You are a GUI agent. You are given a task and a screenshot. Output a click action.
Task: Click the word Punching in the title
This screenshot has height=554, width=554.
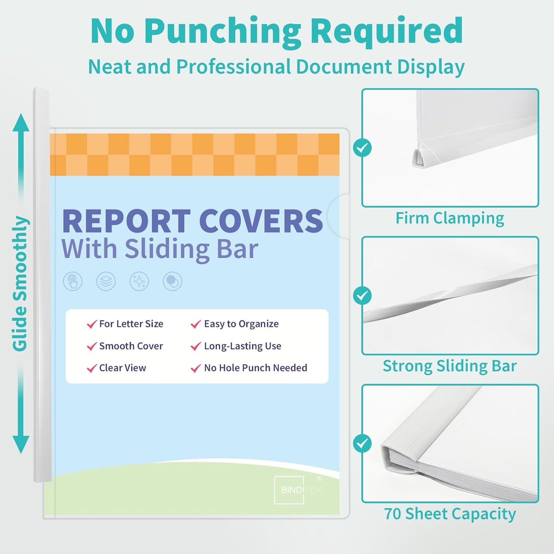(223, 31)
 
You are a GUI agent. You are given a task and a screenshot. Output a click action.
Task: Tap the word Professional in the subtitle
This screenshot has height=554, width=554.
(234, 67)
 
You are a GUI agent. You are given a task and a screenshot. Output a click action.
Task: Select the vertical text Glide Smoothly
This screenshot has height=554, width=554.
(20, 284)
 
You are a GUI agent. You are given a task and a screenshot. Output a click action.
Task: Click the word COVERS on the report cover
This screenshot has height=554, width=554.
(261, 221)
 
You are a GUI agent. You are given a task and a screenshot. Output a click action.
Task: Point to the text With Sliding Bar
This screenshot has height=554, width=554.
(159, 249)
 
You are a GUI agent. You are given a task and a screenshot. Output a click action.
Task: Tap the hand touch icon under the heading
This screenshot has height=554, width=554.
(73, 282)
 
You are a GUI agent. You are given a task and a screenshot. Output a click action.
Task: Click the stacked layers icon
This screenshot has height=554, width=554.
(106, 282)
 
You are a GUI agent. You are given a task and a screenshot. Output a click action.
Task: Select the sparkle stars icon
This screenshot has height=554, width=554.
(139, 282)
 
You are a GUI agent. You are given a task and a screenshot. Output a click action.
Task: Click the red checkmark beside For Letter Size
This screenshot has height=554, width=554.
(92, 324)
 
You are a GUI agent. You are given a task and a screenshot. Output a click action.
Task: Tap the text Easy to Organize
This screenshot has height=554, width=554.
(241, 324)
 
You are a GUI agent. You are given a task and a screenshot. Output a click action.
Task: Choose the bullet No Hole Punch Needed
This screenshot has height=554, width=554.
(255, 368)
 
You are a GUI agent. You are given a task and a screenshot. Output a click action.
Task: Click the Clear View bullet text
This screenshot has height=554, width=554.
(122, 368)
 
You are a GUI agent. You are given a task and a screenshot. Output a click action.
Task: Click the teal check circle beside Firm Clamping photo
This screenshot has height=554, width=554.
(362, 148)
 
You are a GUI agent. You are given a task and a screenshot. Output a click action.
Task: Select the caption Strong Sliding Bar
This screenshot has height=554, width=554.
(450, 366)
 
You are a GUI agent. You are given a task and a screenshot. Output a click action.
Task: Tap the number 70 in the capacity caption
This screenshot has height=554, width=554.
(393, 514)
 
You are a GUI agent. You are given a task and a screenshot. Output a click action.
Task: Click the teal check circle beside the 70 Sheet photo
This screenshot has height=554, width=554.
(362, 444)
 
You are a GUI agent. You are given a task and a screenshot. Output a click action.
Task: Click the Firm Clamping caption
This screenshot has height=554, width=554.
(450, 218)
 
